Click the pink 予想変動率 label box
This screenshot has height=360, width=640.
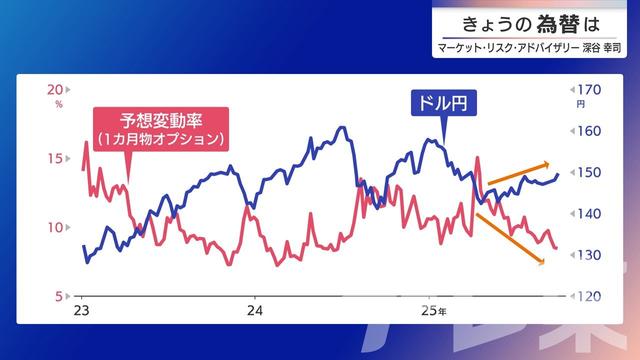[160, 128]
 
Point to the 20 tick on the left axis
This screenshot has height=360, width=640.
[56, 89]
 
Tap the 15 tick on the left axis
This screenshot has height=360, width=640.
[56, 158]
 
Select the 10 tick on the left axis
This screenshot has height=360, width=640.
[56, 227]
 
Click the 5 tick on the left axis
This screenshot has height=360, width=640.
[59, 296]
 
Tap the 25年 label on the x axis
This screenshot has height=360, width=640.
[432, 313]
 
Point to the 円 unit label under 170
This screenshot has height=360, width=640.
[581, 104]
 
